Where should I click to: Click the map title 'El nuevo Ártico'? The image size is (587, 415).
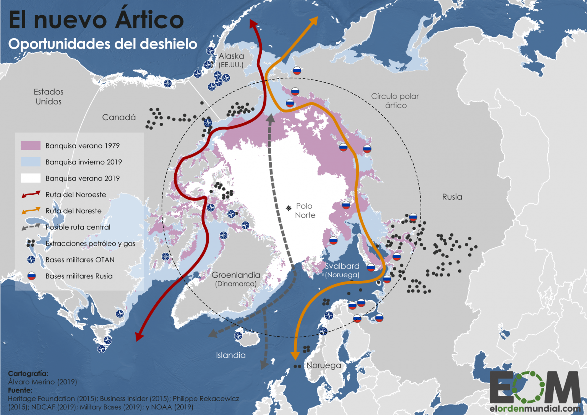[x=96, y=20]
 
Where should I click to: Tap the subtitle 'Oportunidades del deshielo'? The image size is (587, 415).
[x=102, y=44]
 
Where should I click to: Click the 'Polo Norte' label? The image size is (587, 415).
[x=305, y=211]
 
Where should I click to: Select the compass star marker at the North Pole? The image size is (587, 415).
[x=289, y=208]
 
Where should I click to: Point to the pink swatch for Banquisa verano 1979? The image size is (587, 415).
[x=31, y=146]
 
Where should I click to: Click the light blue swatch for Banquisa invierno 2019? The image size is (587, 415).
[x=31, y=162]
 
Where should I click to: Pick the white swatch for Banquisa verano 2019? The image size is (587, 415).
[x=31, y=178]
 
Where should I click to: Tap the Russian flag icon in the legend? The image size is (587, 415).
[x=31, y=276]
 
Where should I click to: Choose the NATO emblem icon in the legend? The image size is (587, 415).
[x=31, y=260]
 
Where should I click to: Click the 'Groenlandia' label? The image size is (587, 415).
[x=236, y=275]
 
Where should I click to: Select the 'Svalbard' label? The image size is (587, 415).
[x=342, y=266]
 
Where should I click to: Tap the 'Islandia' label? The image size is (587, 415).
[x=231, y=355]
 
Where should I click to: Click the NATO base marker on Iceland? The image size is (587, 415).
[x=238, y=336]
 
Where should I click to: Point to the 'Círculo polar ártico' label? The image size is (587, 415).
[x=395, y=101]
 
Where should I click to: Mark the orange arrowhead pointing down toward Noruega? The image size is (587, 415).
[x=295, y=355]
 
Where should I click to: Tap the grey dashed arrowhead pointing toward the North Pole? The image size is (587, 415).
[x=271, y=118]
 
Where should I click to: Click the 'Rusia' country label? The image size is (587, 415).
[x=452, y=197]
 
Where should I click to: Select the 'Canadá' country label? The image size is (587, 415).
[x=119, y=117]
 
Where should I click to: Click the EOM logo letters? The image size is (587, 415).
[x=535, y=387]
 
